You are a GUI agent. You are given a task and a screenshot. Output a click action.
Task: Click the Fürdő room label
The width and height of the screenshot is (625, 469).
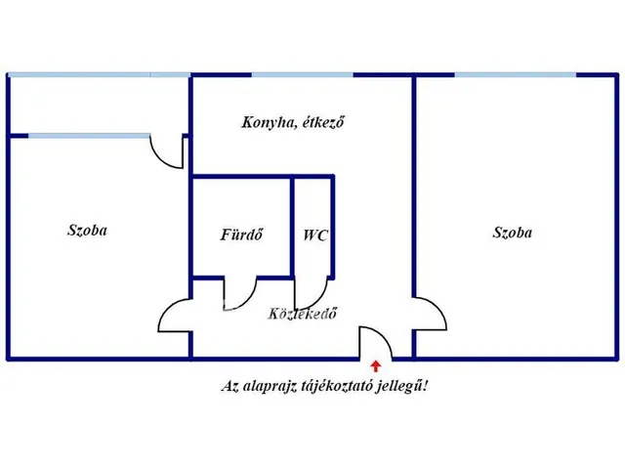pyautogui.click(x=239, y=235)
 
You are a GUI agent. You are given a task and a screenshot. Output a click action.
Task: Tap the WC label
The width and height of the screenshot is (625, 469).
pyautogui.click(x=314, y=235)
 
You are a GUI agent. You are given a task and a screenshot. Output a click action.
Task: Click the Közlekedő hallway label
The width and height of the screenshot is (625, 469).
pyautogui.click(x=303, y=315)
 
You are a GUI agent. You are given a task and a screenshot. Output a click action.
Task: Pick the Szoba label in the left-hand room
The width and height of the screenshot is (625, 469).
pyautogui.click(x=87, y=231)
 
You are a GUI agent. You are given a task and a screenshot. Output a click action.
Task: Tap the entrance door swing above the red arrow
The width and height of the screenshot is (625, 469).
pyautogui.click(x=375, y=342)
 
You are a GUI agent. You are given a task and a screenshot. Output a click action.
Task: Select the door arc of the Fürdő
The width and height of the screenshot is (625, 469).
pyautogui.click(x=240, y=291)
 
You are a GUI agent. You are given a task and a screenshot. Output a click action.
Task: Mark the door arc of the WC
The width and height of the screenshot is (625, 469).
pyautogui.click(x=313, y=292)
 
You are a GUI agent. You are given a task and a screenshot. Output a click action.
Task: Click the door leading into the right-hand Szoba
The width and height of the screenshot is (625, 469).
pyautogui.click(x=427, y=315)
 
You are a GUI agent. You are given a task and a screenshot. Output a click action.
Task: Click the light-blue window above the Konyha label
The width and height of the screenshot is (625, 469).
pyautogui.click(x=302, y=75)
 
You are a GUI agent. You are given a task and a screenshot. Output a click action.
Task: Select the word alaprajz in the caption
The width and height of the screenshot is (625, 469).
pyautogui.click(x=270, y=386)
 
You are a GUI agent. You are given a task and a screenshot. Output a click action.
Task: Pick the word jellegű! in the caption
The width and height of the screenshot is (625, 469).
pyautogui.click(x=407, y=386)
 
